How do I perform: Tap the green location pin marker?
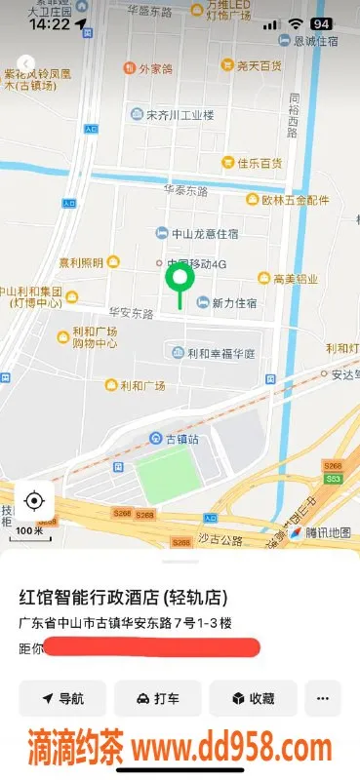click(179, 281)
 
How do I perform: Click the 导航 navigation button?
click(62, 698)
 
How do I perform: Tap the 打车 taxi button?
click(157, 698)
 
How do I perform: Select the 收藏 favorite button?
click(253, 698)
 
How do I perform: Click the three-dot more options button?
click(323, 698)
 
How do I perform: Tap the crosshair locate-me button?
click(34, 501)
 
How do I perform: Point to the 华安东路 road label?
click(132, 314)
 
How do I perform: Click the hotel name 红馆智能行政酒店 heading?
click(123, 597)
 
